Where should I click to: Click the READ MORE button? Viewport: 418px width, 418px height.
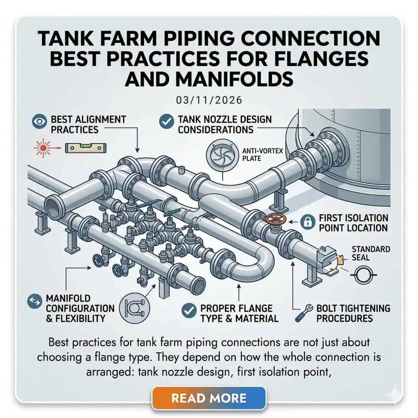coord(209,398)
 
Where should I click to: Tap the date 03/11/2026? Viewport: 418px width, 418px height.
coord(209,100)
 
